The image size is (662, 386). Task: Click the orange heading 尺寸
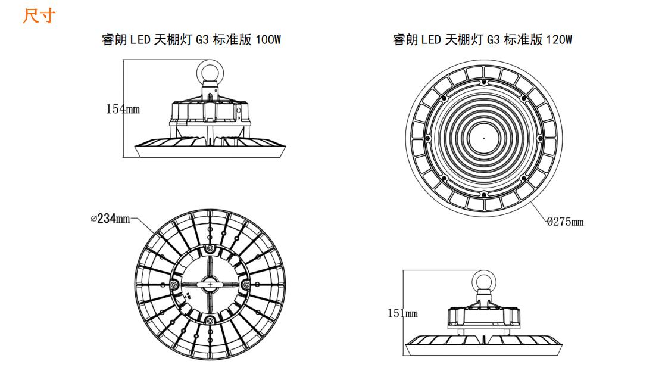click(x=39, y=16)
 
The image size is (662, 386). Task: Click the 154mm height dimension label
click(x=123, y=109)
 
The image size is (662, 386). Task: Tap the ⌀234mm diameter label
click(x=110, y=219)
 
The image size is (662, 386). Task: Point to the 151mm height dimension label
click(x=402, y=313)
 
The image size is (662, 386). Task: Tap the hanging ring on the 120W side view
click(x=484, y=282)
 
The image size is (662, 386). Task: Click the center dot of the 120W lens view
click(x=483, y=138)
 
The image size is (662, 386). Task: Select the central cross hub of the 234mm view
click(x=210, y=285)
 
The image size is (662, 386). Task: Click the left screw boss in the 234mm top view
click(x=174, y=285)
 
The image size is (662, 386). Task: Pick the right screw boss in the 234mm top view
click(x=245, y=285)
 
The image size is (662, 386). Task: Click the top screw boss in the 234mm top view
click(x=210, y=250)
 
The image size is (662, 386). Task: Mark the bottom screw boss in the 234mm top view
click(x=210, y=321)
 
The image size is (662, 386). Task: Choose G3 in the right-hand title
click(x=493, y=40)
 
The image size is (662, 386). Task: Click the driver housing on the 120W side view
click(x=484, y=316)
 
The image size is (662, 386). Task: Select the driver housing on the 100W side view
click(x=210, y=111)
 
